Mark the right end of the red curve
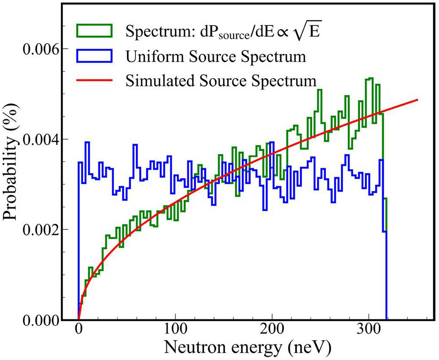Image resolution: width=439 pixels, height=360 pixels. coord(418,99)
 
